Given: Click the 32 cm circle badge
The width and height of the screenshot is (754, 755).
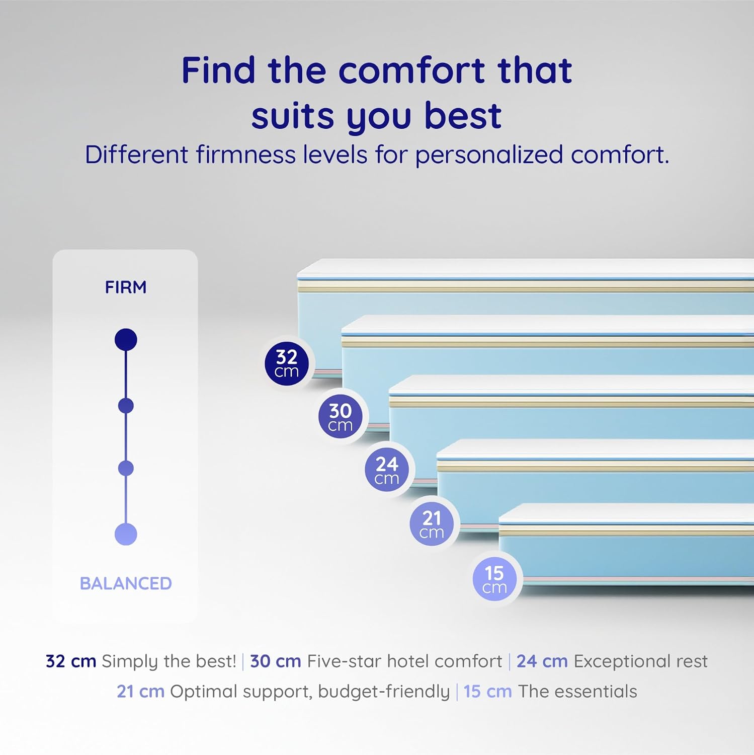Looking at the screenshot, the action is pyautogui.click(x=287, y=364).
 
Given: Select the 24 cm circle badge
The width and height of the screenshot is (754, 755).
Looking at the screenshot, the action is pyautogui.click(x=387, y=470).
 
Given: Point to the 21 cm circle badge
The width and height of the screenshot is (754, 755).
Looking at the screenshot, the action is pyautogui.click(x=432, y=524).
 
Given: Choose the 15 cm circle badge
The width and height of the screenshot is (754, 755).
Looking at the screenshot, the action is pyautogui.click(x=494, y=579).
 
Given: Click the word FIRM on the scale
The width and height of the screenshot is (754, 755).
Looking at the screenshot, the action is pyautogui.click(x=126, y=287).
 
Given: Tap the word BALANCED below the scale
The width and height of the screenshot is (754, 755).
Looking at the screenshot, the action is pyautogui.click(x=126, y=583).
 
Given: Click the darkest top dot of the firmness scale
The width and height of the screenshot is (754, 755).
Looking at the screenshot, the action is pyautogui.click(x=126, y=340).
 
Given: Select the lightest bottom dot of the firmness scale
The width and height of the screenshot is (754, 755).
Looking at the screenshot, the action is pyautogui.click(x=126, y=534).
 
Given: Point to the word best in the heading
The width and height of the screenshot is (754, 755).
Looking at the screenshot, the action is pyautogui.click(x=463, y=116).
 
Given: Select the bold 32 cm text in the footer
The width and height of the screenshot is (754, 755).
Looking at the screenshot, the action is pyautogui.click(x=71, y=661).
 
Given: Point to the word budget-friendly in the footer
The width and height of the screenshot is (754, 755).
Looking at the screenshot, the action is pyautogui.click(x=384, y=692).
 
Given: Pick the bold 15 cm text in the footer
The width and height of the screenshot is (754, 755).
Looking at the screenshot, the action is pyautogui.click(x=487, y=692).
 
